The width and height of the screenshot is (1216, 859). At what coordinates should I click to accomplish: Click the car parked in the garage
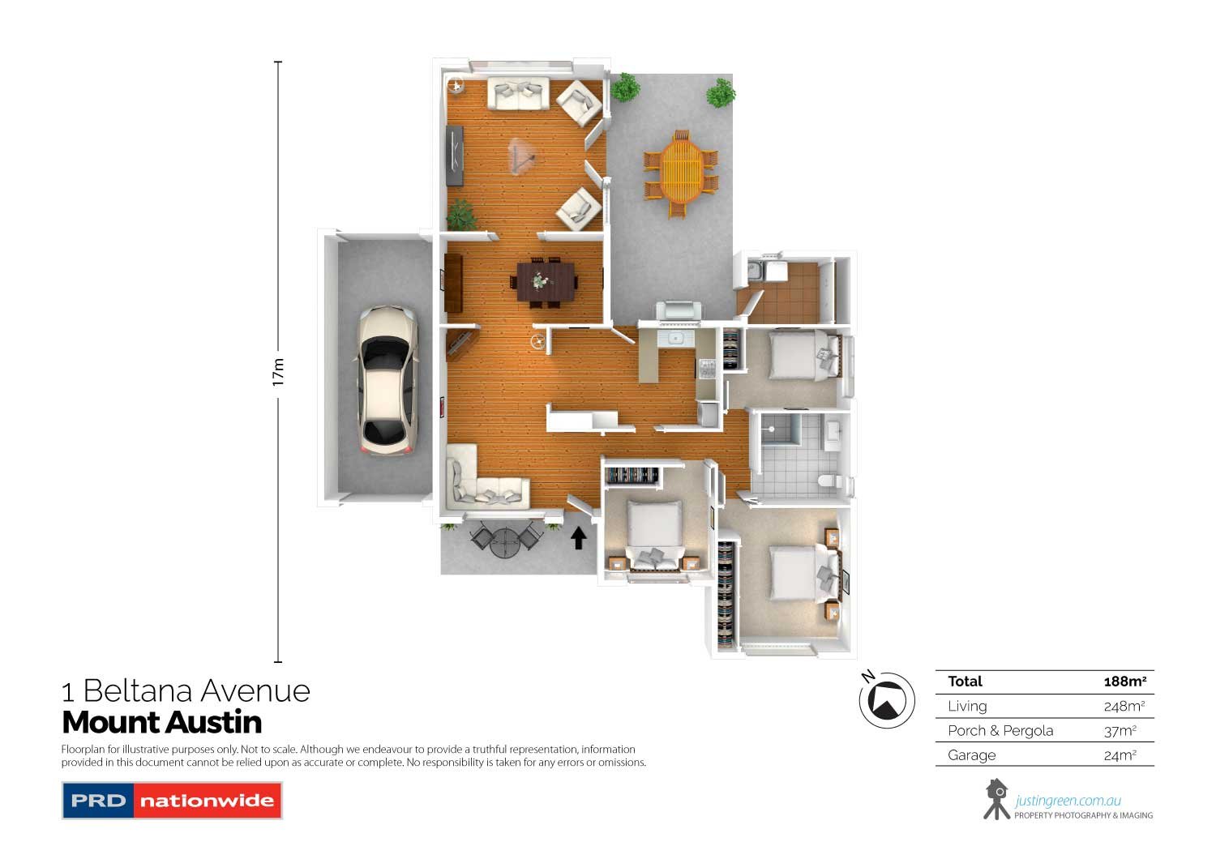(x=387, y=379)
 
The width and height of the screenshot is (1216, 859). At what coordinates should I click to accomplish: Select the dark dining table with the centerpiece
(x=544, y=281)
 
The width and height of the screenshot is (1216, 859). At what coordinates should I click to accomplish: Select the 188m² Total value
(x=1124, y=682)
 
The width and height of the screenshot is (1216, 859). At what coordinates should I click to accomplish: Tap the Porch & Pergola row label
(x=1000, y=730)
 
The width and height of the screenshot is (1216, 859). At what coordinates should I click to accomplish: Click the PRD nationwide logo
(x=172, y=801)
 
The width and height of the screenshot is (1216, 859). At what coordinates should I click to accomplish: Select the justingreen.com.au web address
(x=1068, y=801)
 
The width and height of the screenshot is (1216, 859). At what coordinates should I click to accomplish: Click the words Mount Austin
(x=162, y=722)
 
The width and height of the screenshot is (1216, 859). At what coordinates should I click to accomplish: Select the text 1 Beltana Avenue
(x=186, y=691)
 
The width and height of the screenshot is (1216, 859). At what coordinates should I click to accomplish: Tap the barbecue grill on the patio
(x=680, y=310)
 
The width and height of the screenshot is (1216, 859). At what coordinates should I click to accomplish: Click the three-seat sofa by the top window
(x=518, y=94)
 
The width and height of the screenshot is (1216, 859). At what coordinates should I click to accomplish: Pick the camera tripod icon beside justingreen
(x=996, y=799)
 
